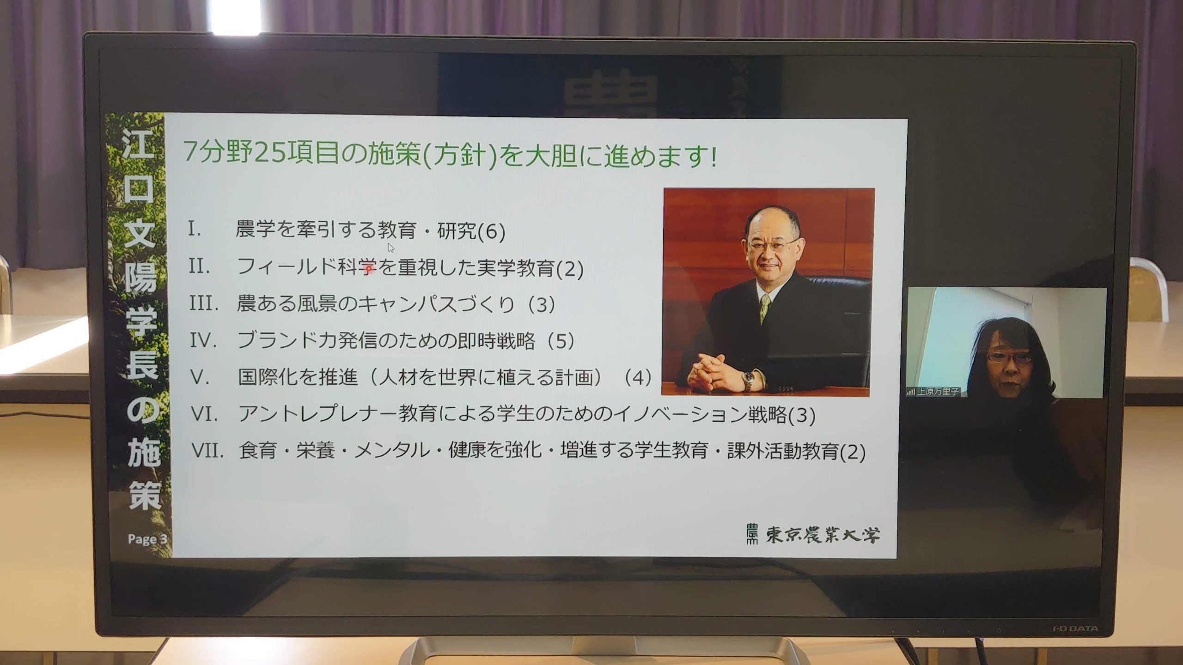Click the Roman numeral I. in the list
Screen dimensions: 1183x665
(x=195, y=230)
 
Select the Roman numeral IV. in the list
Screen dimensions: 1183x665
(x=203, y=340)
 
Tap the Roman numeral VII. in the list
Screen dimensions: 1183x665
(x=207, y=451)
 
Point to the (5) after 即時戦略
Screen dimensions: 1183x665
(x=561, y=341)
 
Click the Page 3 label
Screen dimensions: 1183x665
(x=147, y=539)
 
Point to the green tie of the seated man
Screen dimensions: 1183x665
(x=765, y=307)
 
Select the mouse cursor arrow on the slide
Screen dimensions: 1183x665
(x=391, y=248)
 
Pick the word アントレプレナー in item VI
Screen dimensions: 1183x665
(x=317, y=414)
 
